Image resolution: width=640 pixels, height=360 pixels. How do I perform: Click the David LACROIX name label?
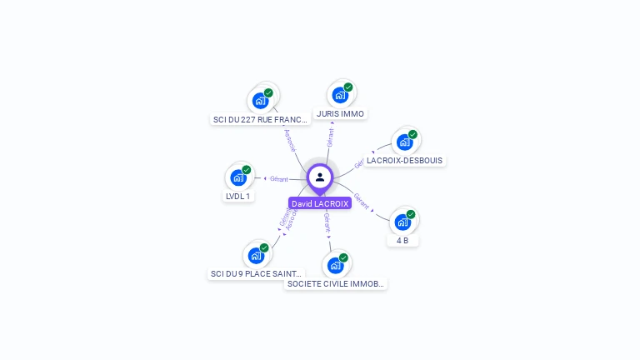pos(320,203)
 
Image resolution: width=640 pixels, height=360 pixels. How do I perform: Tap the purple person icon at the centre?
pos(320,177)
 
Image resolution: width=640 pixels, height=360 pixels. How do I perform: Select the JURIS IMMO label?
pos(340,113)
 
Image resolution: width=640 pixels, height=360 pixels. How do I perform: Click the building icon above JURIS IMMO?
pos(339,96)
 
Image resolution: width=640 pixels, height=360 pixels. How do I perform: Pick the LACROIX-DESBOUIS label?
pos(405,160)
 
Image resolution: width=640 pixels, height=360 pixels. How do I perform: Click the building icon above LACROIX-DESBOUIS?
pos(404,142)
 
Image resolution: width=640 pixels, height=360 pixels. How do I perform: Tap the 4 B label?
pos(402,240)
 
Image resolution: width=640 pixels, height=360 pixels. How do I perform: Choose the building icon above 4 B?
pos(402,222)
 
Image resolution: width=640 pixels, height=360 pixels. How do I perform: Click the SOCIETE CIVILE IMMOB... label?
pos(335,283)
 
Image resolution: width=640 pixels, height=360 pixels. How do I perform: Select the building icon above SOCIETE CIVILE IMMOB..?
pos(335,266)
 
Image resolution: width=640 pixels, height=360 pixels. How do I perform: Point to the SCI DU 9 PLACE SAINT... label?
pos(256,273)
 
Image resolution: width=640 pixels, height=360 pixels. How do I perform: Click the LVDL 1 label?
pos(237,196)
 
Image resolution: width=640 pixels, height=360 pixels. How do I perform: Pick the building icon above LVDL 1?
pos(237,178)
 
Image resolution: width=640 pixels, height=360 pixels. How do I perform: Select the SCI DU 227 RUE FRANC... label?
pos(260,119)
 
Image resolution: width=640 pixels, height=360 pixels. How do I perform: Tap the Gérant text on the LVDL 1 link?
pos(278,178)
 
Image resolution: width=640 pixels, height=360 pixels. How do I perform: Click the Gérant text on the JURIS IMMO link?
pos(331,137)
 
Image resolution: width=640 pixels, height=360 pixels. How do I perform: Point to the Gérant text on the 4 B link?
pos(362,201)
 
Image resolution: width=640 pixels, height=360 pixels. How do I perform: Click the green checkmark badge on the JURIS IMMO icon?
pos(348,87)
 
